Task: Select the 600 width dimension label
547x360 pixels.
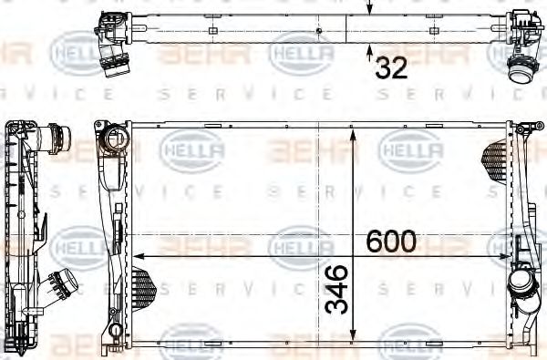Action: [x=391, y=242]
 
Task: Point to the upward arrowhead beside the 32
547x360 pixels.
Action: [x=369, y=49]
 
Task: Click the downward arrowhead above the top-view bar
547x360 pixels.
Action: [x=369, y=11]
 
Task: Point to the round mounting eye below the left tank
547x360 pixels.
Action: [x=114, y=333]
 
